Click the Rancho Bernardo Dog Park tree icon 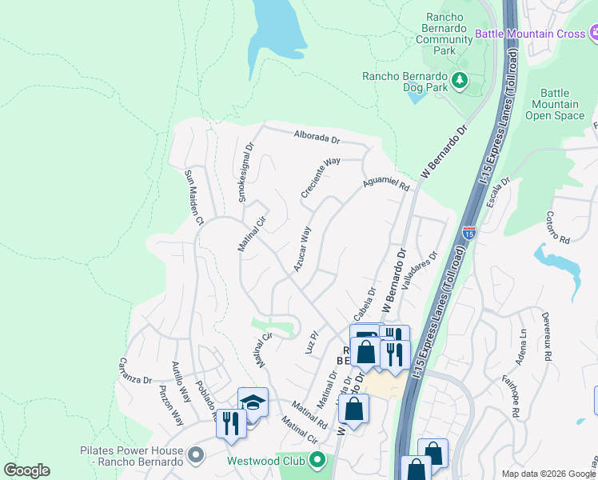coord(460,79)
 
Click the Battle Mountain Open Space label coord(555,104)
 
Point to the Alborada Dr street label coord(317,137)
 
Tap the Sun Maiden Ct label coord(194,196)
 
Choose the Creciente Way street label coord(321,178)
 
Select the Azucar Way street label coord(301,250)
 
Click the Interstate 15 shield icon coord(469,234)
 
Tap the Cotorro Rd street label coord(556,228)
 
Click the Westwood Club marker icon coord(317,461)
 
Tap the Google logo coord(26,470)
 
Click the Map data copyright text coord(548,474)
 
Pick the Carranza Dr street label coord(136,370)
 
